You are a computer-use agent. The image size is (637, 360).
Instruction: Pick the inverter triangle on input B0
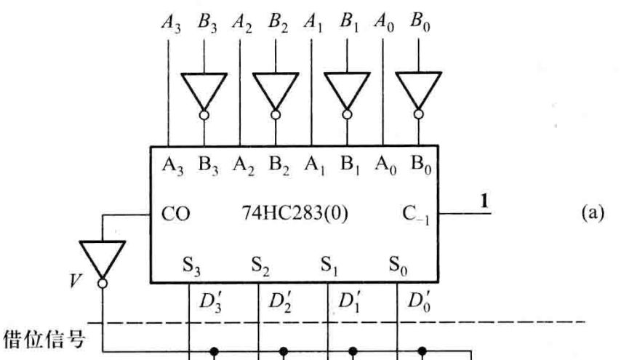[x=418, y=91]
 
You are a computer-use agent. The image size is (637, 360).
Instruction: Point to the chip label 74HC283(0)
[x=295, y=213]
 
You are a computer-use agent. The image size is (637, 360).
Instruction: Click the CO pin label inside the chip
[x=175, y=214]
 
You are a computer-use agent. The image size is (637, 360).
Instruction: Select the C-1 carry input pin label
[x=415, y=215]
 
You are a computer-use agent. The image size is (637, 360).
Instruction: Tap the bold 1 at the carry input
[x=484, y=201]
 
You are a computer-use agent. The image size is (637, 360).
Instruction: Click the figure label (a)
[x=593, y=213]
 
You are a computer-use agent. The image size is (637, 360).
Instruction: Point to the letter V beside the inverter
[x=75, y=280]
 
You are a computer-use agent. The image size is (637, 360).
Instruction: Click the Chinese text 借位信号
[x=44, y=340]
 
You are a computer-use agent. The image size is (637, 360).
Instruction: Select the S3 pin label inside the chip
[x=191, y=265]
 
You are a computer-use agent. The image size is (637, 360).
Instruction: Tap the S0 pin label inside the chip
[x=398, y=265]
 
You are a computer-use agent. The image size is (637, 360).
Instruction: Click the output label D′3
[x=210, y=302]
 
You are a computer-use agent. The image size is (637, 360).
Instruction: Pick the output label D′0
[x=419, y=301]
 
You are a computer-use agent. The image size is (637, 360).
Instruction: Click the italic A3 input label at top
[x=171, y=23]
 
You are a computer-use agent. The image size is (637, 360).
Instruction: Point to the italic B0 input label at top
[x=420, y=23]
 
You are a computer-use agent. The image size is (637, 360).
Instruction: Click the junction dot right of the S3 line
[x=214, y=351]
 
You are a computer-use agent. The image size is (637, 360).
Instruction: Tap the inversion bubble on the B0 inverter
[x=418, y=115]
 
